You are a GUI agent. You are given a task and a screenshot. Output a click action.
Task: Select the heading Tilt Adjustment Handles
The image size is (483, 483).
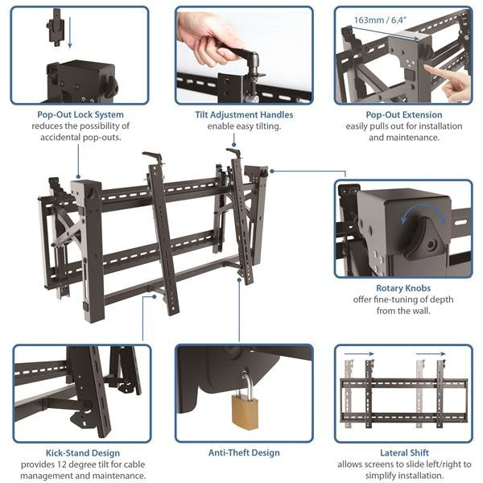[x=244, y=115]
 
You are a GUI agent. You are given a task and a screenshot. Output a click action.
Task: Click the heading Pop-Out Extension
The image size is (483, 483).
[x=403, y=115]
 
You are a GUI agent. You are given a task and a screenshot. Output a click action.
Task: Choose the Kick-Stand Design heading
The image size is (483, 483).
[x=79, y=453]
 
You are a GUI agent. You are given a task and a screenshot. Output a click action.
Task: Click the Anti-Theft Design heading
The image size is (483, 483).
[x=244, y=453]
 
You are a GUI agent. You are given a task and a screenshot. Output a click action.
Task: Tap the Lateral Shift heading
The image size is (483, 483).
[x=403, y=453]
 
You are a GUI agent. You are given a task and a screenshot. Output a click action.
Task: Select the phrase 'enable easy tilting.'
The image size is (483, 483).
[x=244, y=126]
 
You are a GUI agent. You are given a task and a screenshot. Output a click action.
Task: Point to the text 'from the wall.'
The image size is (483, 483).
[x=403, y=312]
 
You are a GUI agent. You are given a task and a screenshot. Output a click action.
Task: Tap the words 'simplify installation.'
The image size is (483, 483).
[x=403, y=476]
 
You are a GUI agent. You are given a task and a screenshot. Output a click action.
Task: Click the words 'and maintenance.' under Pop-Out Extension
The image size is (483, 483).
[x=403, y=138]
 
